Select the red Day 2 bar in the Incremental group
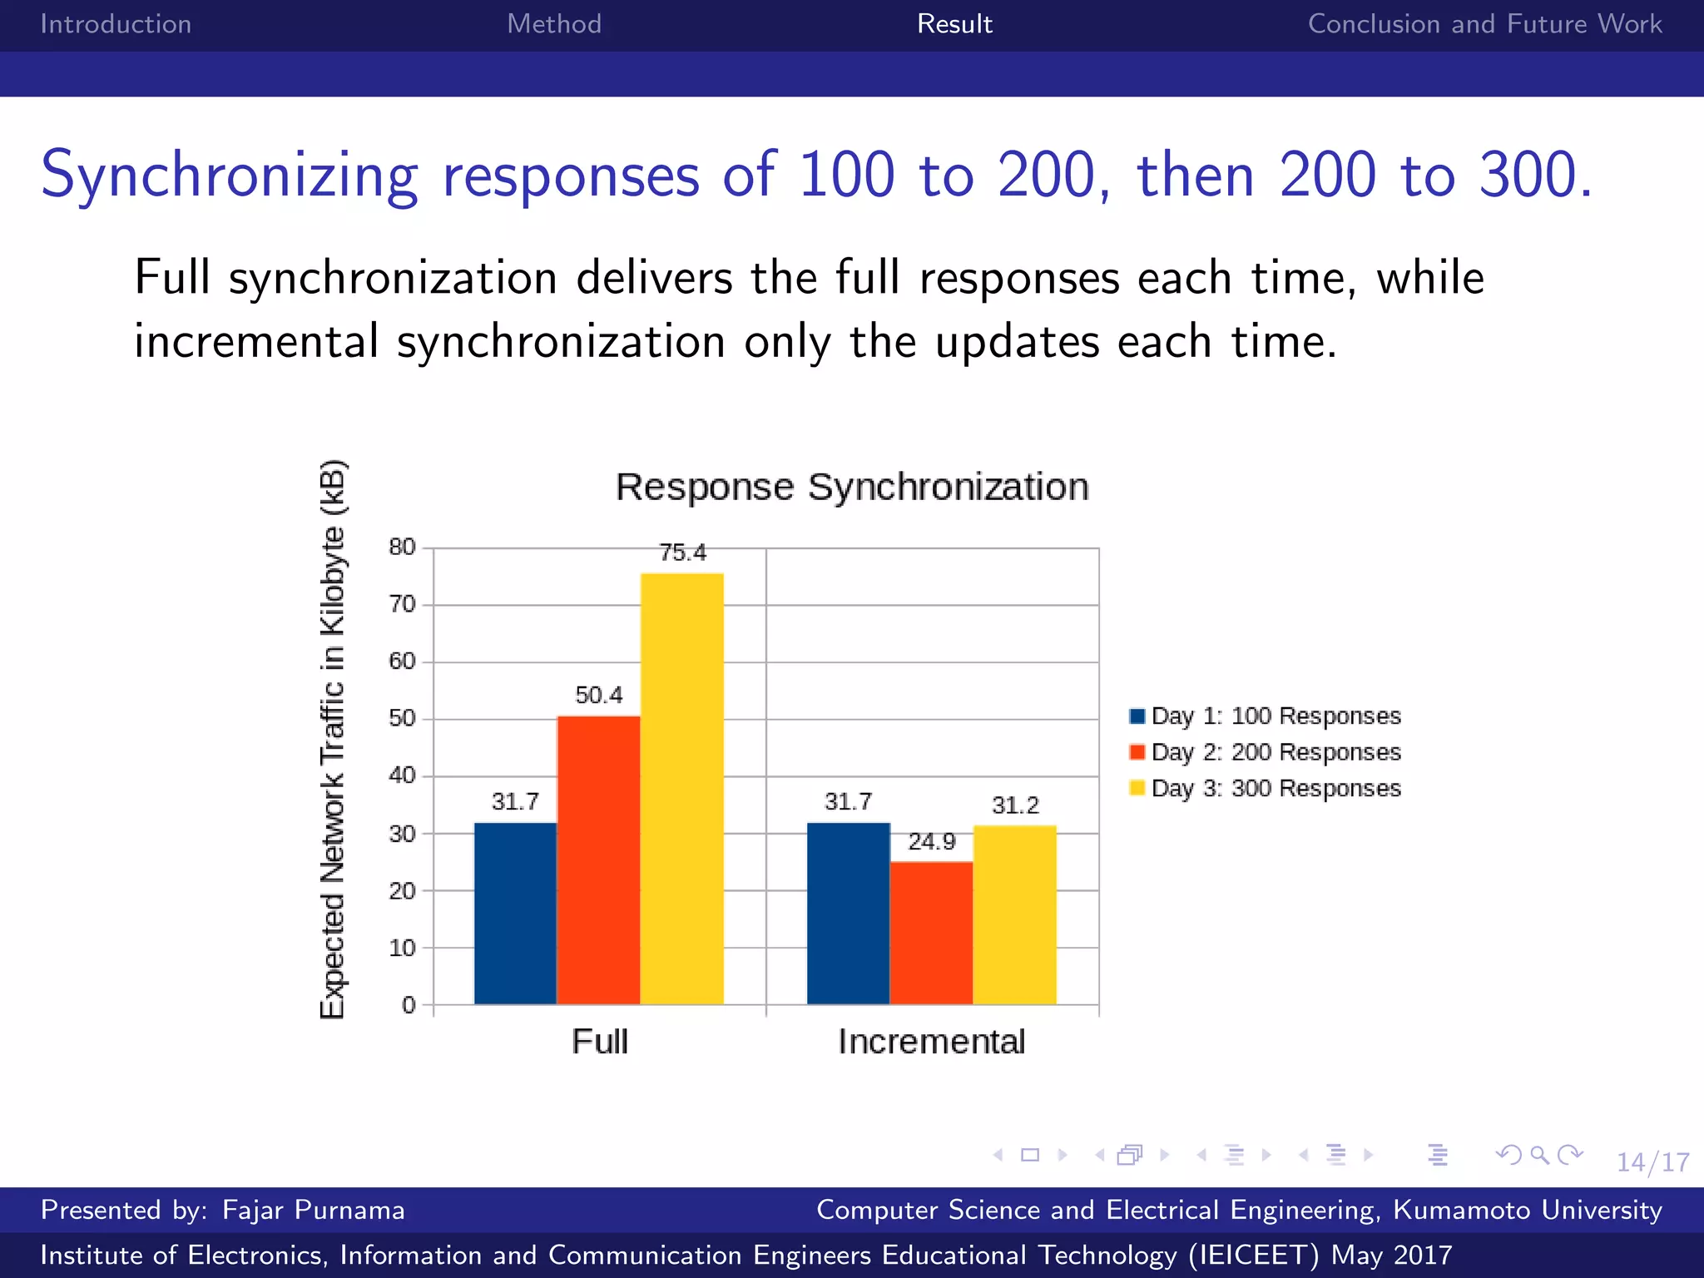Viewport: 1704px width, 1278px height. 931,933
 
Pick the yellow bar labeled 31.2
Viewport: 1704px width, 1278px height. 1014,914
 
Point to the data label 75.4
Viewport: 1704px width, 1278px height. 682,552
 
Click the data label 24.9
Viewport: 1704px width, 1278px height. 931,842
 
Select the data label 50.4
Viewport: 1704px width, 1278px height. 598,695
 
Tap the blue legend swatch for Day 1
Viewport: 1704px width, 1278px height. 1137,716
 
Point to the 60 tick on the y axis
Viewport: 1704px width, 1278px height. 402,661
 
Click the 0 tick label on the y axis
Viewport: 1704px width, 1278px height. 409,1005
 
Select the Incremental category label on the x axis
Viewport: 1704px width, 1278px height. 931,1042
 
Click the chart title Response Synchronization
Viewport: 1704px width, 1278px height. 852,487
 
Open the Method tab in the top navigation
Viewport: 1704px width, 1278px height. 554,24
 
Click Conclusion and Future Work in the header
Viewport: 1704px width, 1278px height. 1484,24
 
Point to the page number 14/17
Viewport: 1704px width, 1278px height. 1652,1162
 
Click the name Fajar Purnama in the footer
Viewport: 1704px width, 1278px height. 314,1210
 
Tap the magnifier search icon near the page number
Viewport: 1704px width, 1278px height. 1539,1155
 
